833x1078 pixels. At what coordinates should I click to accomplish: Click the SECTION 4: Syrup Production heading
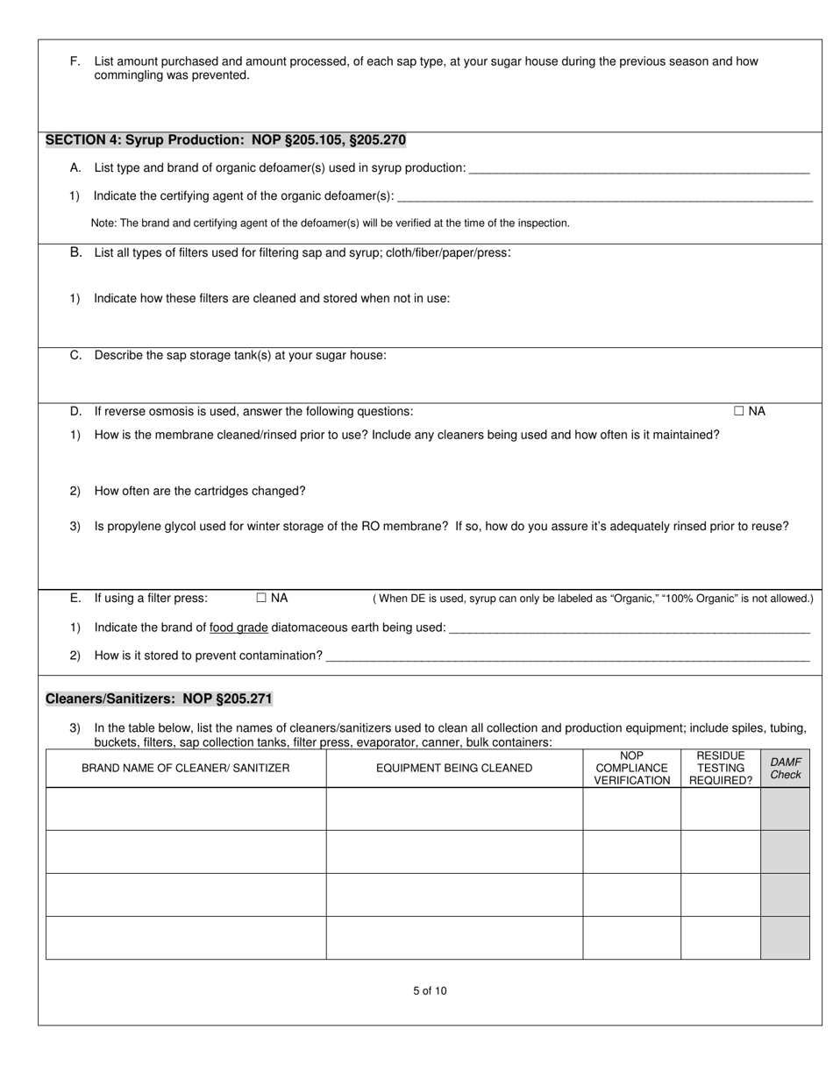[x=225, y=140]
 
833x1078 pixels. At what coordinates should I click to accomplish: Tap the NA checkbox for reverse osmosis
[x=739, y=411]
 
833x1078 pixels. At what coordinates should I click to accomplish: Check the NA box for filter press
[x=261, y=598]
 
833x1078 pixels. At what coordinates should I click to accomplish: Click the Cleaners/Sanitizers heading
[x=159, y=699]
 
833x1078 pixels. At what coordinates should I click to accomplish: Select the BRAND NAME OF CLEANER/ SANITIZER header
[x=185, y=768]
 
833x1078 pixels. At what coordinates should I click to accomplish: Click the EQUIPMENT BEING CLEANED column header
[x=454, y=768]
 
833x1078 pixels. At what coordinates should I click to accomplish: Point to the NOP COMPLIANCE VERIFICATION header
[x=631, y=768]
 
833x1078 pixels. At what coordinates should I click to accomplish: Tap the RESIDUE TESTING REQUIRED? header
[x=720, y=768]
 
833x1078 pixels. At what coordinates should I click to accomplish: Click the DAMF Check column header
[x=785, y=768]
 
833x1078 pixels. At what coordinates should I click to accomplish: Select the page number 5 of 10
[x=430, y=991]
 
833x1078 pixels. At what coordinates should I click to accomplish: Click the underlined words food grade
[x=239, y=628]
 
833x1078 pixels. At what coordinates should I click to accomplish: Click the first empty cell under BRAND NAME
[x=185, y=808]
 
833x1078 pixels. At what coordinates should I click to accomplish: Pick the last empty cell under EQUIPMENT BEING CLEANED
[x=454, y=938]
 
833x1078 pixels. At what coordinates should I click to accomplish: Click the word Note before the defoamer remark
[x=103, y=223]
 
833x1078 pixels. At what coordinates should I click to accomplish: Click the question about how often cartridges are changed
[x=200, y=491]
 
